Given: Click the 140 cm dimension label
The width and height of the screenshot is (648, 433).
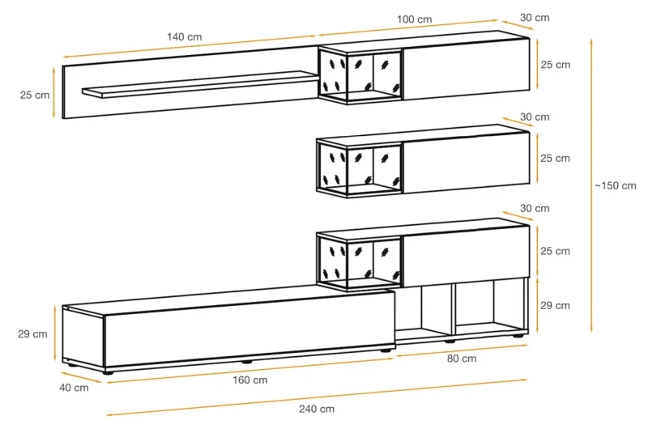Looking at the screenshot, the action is coord(185,36).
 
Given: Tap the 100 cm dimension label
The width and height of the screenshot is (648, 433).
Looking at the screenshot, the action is coord(415,19).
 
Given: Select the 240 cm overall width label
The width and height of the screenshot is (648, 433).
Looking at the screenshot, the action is coord(317,409).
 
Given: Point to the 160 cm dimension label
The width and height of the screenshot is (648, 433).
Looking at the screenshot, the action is coord(250,380).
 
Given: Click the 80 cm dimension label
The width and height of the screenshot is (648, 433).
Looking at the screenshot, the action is coord(462,359).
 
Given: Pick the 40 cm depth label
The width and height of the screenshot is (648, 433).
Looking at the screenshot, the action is coord(74,388).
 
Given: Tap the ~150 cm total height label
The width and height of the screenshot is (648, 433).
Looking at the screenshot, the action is coord(616,186).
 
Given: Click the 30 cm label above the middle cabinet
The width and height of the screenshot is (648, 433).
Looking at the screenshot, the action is coord(535,117).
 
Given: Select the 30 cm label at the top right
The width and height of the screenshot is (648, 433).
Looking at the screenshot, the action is coord(535,18).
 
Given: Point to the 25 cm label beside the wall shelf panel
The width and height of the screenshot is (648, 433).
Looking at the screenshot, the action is coord(35,95).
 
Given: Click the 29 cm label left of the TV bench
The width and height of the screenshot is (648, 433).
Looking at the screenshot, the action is coord(32,334).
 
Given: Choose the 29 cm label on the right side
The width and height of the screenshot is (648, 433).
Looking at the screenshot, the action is coord(555,305).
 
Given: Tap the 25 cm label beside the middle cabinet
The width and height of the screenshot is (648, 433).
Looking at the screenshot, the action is coord(555,158).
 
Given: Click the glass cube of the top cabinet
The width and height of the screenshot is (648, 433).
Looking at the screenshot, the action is coord(360,74).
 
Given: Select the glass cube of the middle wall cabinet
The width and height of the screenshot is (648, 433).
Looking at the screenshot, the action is coord(360,168).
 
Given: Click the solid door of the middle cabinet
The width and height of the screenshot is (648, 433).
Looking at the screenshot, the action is coord(467,163).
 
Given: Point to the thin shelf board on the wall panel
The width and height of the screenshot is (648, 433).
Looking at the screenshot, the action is coord(200,85).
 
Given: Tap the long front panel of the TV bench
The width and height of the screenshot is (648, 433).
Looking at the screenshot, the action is coord(249,329).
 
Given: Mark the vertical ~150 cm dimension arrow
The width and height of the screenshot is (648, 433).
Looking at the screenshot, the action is coord(591,185).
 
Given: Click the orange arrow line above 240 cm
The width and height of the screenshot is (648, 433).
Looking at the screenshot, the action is coord(317,397).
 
